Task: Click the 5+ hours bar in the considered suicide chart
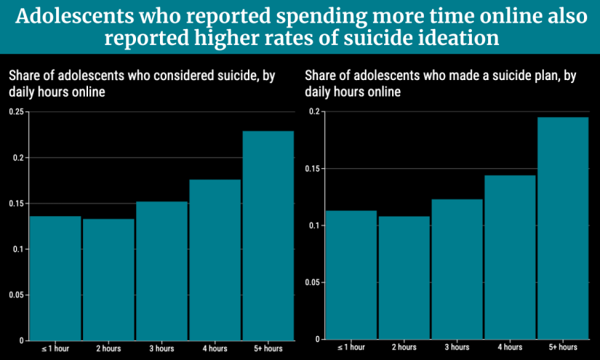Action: tap(268, 236)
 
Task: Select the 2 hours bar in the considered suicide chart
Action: tap(108, 279)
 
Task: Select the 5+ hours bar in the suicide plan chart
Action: tap(563, 228)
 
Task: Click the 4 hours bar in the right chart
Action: tap(510, 257)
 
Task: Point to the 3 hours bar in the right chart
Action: tap(457, 269)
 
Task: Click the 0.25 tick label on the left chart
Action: tap(16, 112)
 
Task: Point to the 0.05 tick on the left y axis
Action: tap(16, 295)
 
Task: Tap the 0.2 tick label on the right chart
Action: tap(314, 111)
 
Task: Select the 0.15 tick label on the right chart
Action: tap(312, 169)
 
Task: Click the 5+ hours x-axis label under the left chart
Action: tap(268, 349)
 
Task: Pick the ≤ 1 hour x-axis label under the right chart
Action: tap(352, 348)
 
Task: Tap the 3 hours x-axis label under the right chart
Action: tap(457, 348)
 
